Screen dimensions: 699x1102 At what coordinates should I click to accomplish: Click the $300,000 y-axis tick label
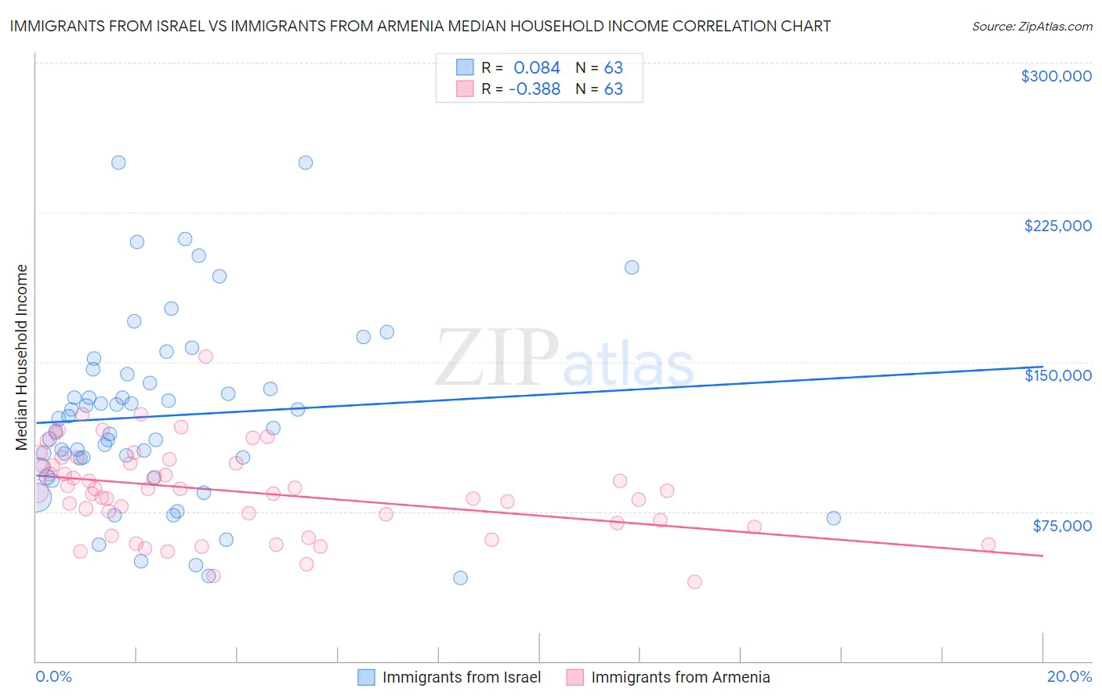click(x=1056, y=76)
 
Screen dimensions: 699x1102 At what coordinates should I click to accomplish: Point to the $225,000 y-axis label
click(x=1057, y=226)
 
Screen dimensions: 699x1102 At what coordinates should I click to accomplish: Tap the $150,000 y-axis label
click(x=1057, y=375)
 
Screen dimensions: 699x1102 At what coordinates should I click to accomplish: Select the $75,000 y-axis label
click(x=1061, y=526)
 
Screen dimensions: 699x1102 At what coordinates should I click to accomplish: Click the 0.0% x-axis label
click(x=53, y=677)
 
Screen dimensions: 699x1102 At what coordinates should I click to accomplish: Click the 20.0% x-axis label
click(x=1069, y=677)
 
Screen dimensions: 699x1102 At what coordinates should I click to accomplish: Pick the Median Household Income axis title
click(x=22, y=357)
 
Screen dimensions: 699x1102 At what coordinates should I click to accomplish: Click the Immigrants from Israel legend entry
click(x=461, y=677)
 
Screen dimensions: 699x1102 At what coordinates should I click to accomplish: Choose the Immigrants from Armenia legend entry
click(x=680, y=677)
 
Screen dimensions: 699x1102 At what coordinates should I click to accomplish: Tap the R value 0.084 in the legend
click(x=537, y=68)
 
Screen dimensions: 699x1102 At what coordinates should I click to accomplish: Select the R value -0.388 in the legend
click(x=535, y=89)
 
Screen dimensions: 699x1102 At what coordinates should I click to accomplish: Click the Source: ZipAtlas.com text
click(x=1031, y=27)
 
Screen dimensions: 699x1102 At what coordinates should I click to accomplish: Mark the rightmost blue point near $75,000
click(x=833, y=518)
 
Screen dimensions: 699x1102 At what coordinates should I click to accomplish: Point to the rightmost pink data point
click(x=988, y=545)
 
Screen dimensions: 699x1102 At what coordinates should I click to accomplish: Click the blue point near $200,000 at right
click(x=632, y=267)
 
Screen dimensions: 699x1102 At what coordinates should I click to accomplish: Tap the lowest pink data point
click(x=694, y=581)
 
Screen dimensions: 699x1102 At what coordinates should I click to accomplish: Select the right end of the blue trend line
click(x=1042, y=367)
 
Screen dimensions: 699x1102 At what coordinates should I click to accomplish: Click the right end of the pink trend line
click(x=1042, y=556)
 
